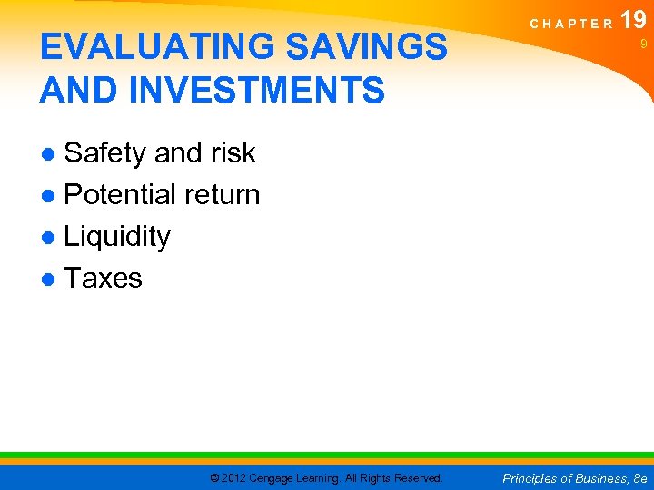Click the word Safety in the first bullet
[105, 153]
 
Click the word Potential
[121, 194]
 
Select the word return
[222, 194]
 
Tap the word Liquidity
[117, 236]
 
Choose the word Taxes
[103, 278]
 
